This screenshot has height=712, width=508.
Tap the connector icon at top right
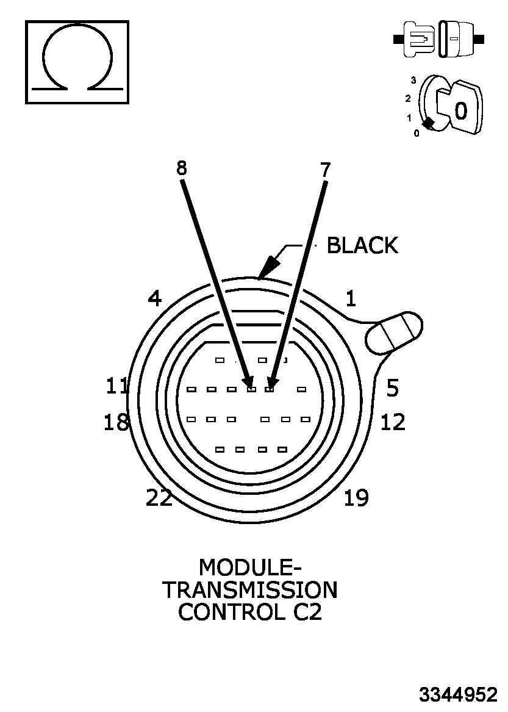pos(439,40)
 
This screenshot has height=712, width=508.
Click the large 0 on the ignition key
pos(461,111)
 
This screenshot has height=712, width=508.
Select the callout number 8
pos(181,168)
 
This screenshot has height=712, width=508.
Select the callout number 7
pos(325,170)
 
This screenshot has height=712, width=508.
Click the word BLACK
pos(362,245)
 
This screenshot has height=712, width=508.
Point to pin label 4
pos(155,298)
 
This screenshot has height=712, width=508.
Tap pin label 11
pos(117,386)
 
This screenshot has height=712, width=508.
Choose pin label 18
pos(116,422)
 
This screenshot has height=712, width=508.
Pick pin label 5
pos(392,387)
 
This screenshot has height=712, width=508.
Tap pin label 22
pos(159,498)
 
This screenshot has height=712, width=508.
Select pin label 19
pos(356,498)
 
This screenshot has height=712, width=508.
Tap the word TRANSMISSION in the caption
pos(249,590)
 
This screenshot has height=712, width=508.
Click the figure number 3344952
pos(457,694)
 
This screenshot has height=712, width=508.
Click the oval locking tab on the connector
pos(394,333)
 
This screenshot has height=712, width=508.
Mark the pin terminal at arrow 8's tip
pos(251,389)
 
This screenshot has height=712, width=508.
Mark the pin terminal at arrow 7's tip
pos(269,389)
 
